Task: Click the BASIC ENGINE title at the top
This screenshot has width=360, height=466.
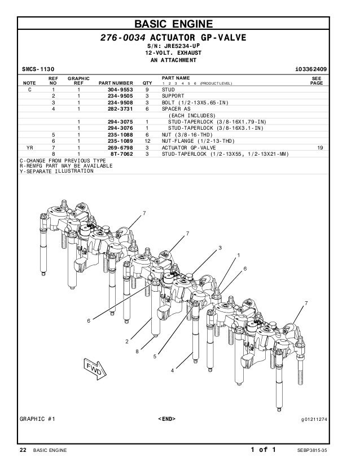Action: pos(179,24)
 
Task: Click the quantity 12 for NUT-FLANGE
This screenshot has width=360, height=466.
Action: pos(147,140)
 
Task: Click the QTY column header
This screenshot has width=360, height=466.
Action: pos(147,83)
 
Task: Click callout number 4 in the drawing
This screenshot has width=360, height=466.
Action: pos(172,370)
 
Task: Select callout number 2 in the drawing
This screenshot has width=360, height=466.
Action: pos(126,342)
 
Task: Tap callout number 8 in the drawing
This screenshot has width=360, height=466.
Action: pos(137,351)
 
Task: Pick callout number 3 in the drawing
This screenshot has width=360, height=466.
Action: pos(220,248)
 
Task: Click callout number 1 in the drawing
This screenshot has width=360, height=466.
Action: pos(238,254)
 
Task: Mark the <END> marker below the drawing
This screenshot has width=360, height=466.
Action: pos(168,420)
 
